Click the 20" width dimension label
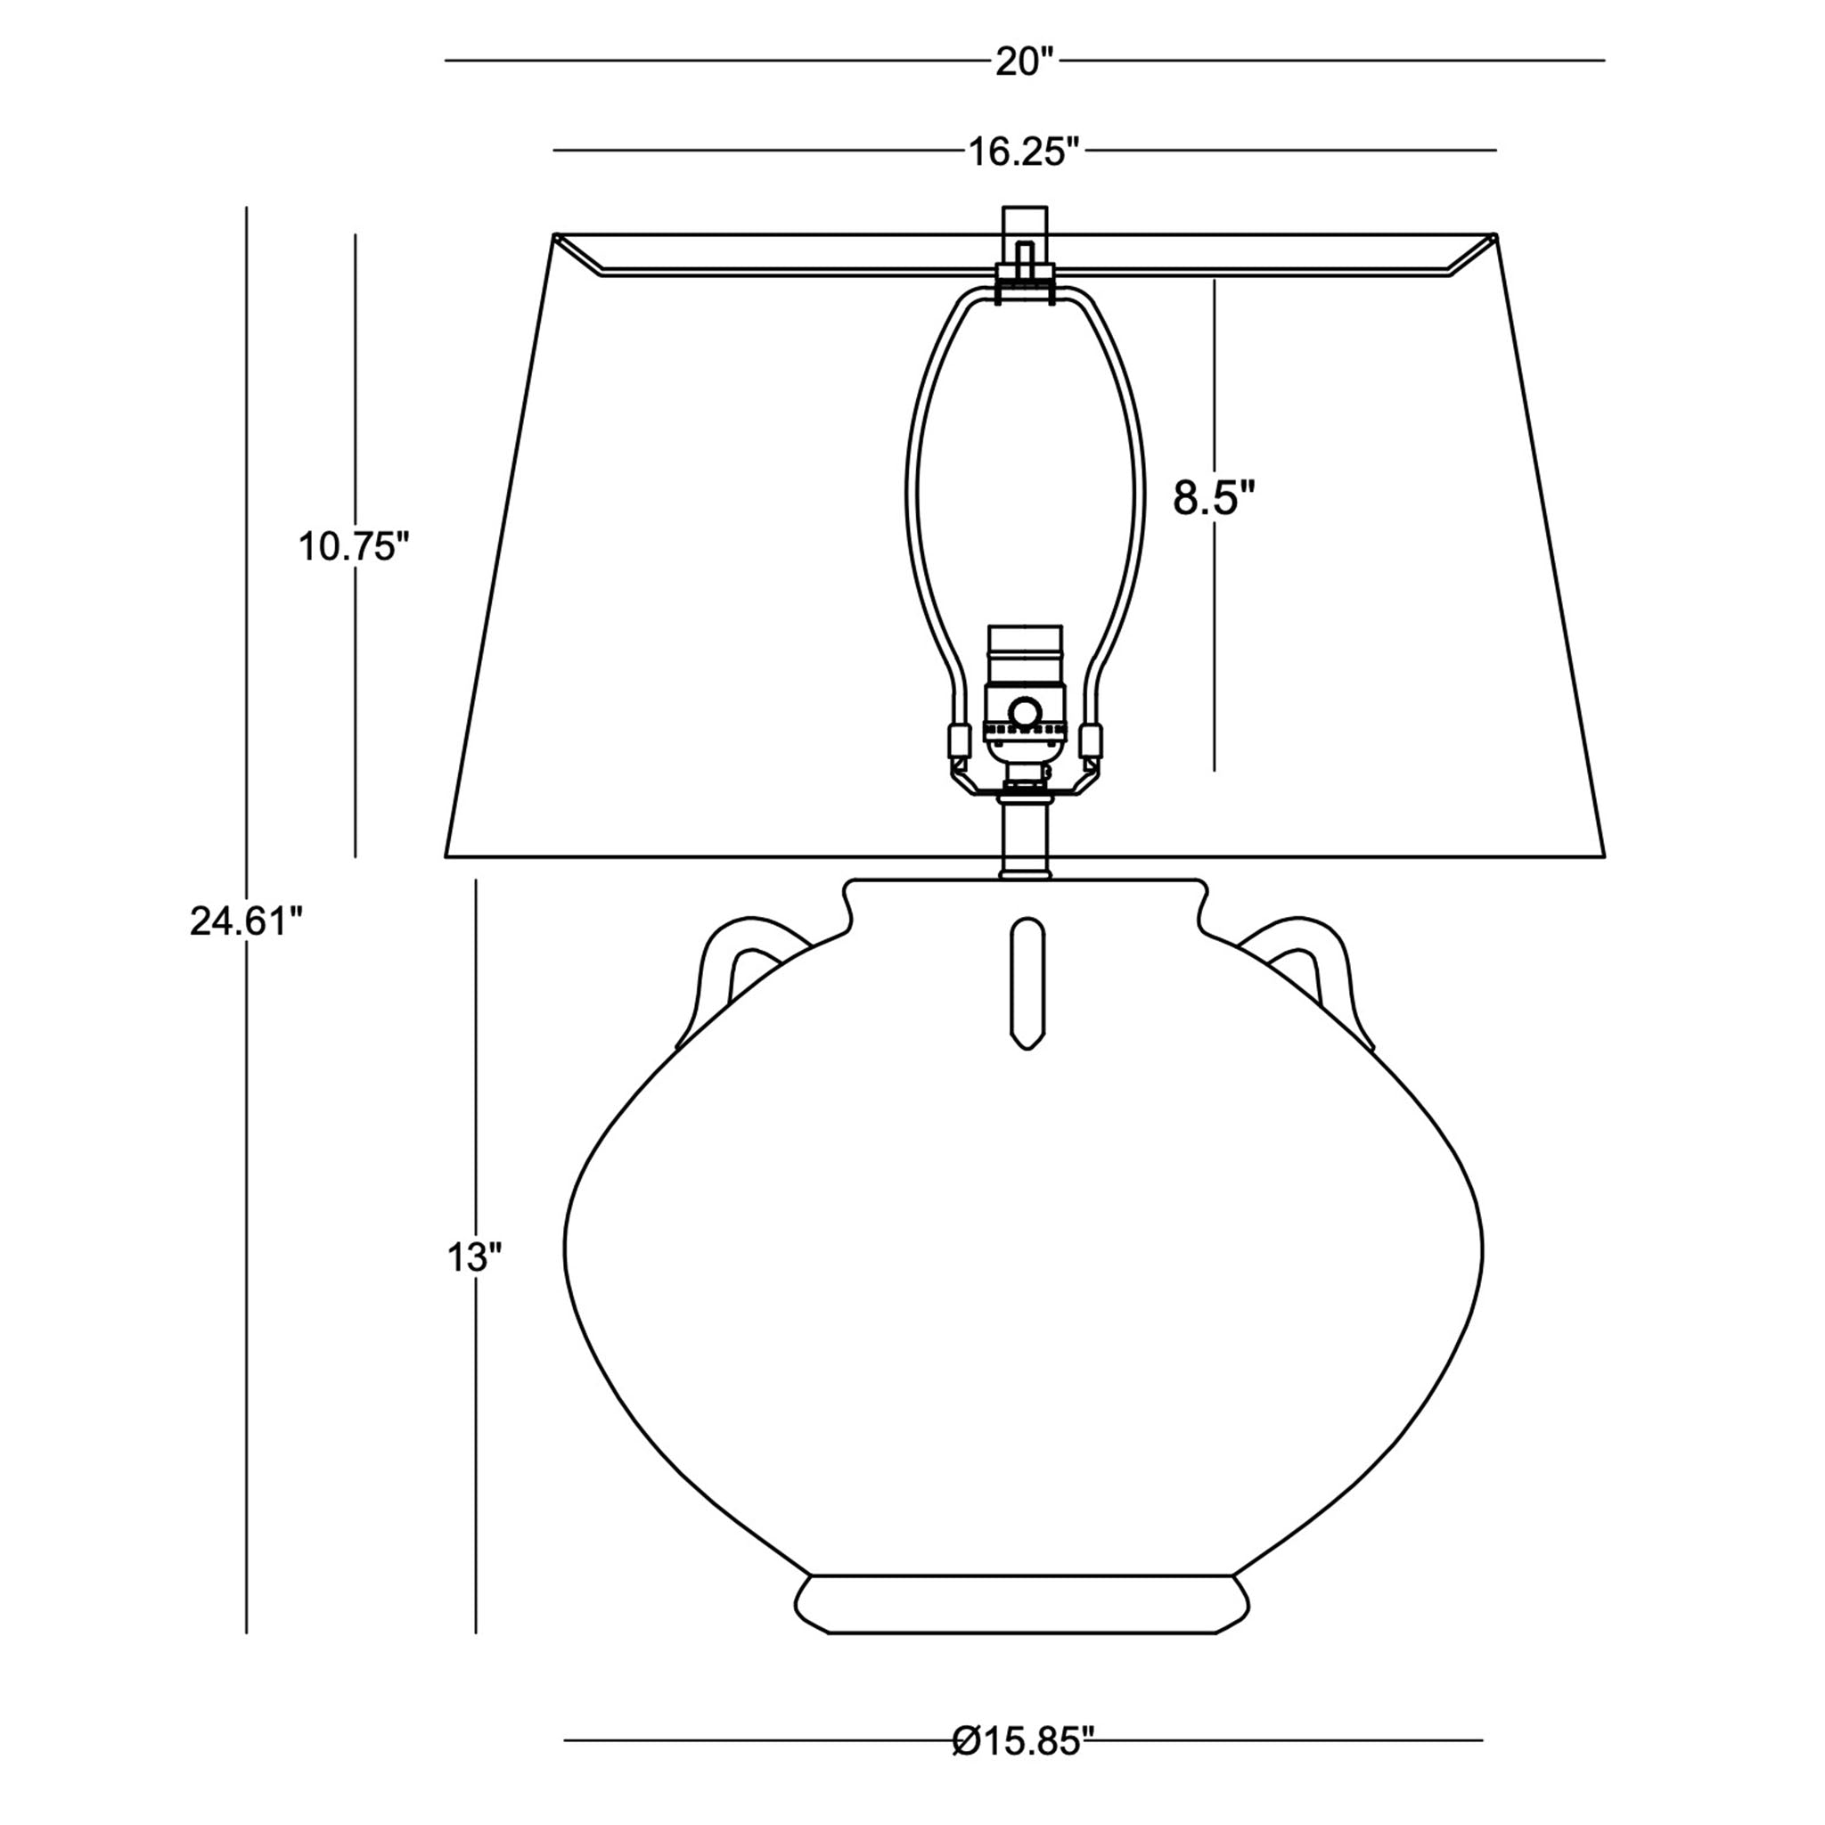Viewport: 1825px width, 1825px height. click(x=1024, y=62)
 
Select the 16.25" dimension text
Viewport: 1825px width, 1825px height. click(x=1024, y=151)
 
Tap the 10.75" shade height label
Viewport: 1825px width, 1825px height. click(x=355, y=546)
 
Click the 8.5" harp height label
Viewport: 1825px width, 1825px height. click(x=1215, y=498)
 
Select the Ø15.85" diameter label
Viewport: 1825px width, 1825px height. click(x=1023, y=1765)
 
